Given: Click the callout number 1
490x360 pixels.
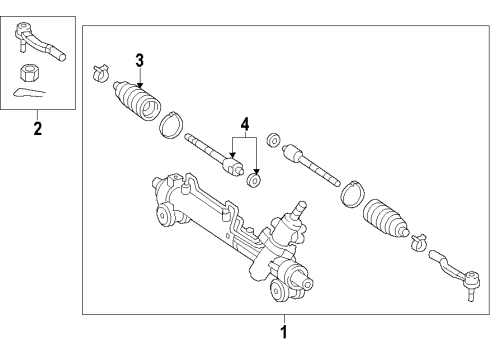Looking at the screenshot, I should pos(283,331).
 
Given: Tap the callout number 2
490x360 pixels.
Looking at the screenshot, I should pos(37,127).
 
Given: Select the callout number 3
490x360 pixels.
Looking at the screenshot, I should pos(140,59).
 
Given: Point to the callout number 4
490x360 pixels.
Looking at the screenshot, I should pos(244,125).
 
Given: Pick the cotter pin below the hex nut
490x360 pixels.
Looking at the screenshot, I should pos(30,94).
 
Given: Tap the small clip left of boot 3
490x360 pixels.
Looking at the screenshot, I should pos(100,73).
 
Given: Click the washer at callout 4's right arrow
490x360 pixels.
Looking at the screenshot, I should pos(256,180).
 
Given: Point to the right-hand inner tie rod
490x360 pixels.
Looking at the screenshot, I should pos(310,163).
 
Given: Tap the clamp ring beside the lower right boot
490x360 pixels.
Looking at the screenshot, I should pos(353,192).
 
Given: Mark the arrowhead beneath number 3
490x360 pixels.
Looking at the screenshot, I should pos(140,77).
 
